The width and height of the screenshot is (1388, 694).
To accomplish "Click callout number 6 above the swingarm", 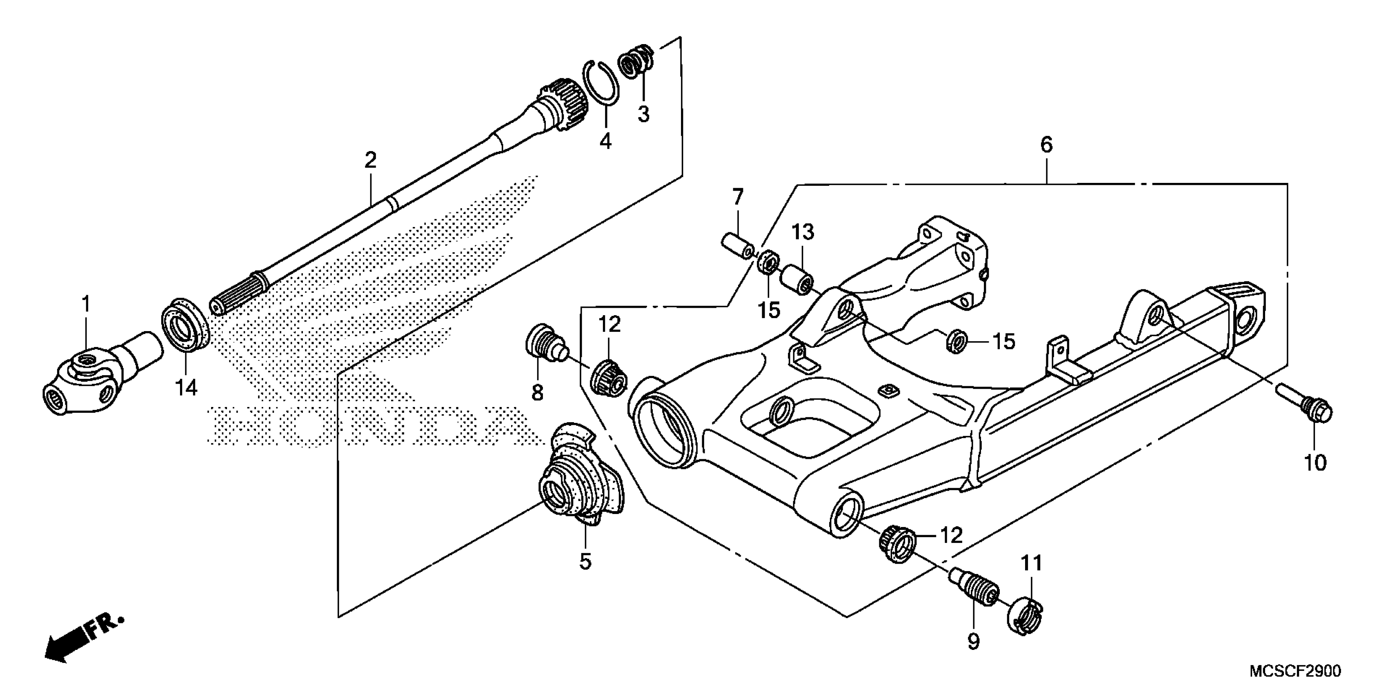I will (1046, 145).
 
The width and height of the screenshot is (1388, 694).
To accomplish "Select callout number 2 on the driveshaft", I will (370, 160).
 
